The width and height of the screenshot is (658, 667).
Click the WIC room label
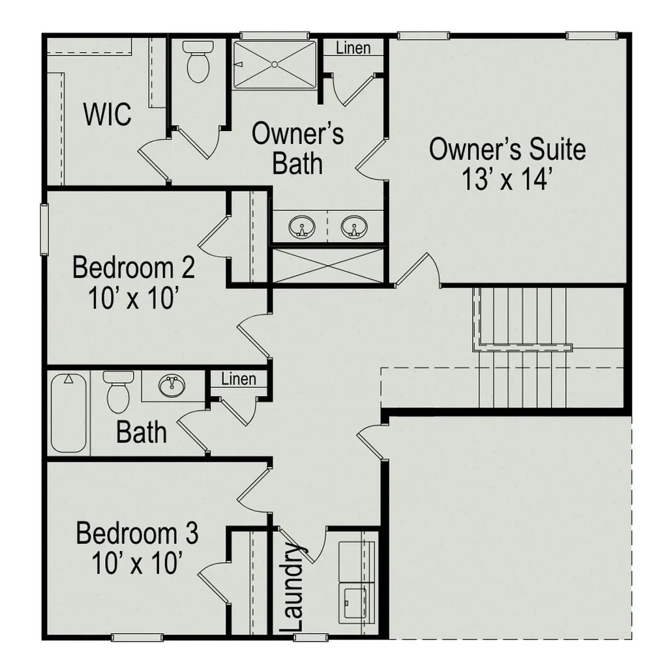[x=108, y=114]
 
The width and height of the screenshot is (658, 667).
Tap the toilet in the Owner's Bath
[x=198, y=62]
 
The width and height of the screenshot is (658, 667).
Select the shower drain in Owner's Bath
[x=275, y=64]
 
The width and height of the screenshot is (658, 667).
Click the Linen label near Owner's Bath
[x=353, y=48]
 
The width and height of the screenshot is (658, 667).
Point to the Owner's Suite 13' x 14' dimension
[x=507, y=179]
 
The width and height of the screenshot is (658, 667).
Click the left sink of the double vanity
[x=302, y=227]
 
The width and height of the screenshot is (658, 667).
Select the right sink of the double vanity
[x=354, y=227]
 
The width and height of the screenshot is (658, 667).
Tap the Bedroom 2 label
[x=134, y=268]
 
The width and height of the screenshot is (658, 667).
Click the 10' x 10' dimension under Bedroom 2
[x=132, y=298]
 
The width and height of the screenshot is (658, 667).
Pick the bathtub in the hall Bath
[x=68, y=413]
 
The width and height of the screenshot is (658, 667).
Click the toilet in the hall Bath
[x=118, y=391]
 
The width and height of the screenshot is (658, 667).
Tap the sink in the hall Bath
[x=172, y=386]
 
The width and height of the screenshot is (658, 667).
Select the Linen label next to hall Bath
[x=239, y=379]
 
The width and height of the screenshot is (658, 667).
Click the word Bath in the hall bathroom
[x=141, y=433]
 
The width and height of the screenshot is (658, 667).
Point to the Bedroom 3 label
[x=137, y=533]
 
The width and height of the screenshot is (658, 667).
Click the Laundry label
[x=292, y=588]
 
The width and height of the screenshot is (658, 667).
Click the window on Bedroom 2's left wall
[x=44, y=230]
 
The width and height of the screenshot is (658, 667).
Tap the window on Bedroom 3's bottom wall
[x=137, y=637]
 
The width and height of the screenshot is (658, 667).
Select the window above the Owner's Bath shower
[x=275, y=35]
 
